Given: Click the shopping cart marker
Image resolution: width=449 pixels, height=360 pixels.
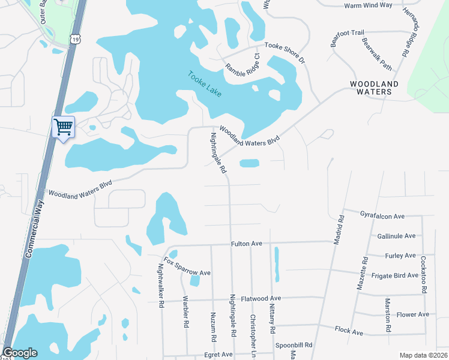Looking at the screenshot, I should (x=63, y=127).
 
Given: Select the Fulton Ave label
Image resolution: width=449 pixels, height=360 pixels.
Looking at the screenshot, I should (x=247, y=244).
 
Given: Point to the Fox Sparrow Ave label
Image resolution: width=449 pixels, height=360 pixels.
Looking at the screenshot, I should (x=188, y=268).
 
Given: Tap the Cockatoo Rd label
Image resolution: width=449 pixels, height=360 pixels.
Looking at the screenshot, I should (x=423, y=275).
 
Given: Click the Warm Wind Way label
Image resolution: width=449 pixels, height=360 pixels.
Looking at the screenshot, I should (x=367, y=5).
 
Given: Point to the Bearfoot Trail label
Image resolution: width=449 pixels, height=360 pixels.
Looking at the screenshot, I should (x=348, y=37).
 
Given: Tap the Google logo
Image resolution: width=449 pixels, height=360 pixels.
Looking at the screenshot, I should (x=20, y=353).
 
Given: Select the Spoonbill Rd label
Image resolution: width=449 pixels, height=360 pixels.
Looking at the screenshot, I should (x=294, y=345).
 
